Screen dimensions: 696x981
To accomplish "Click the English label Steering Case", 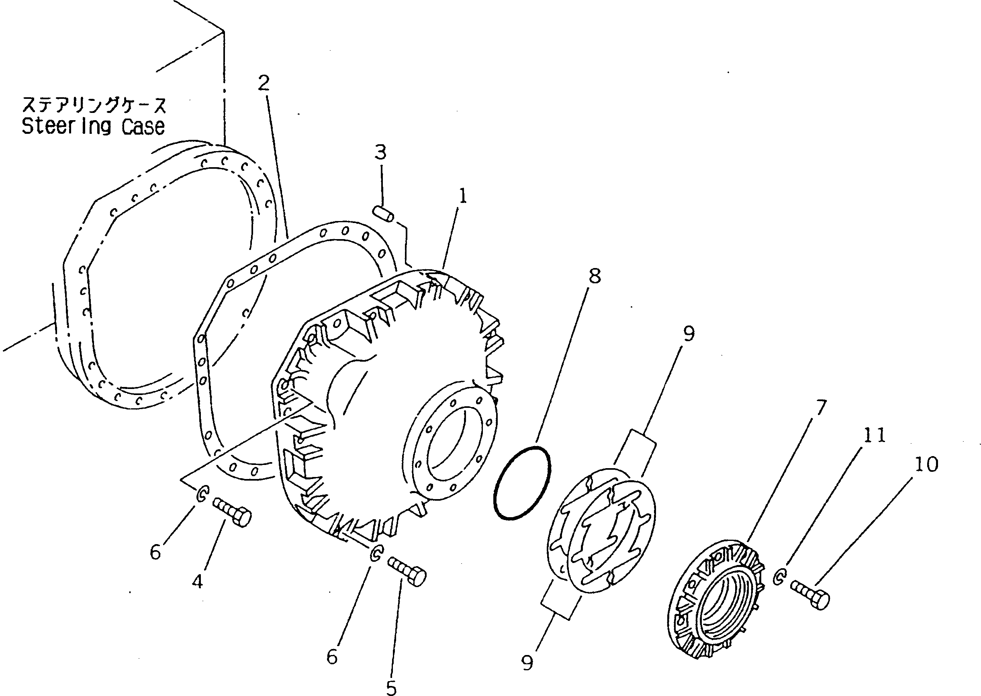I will point(93,127).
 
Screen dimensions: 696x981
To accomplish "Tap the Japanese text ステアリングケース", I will point(94,105).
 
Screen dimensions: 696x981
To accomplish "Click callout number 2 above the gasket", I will point(264,83).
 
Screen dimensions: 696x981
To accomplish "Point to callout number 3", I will point(380,152).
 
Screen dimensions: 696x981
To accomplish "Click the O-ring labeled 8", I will point(523,483).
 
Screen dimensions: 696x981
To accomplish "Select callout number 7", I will point(820,407).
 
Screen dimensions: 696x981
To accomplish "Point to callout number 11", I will point(874,436).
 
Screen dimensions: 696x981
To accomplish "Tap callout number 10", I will point(927,464).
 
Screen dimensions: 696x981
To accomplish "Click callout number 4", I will point(197,581).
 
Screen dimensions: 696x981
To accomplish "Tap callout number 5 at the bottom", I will point(391,688).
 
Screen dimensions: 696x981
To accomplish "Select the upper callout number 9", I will point(689,334).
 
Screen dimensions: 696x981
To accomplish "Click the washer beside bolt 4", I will point(202,494).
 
